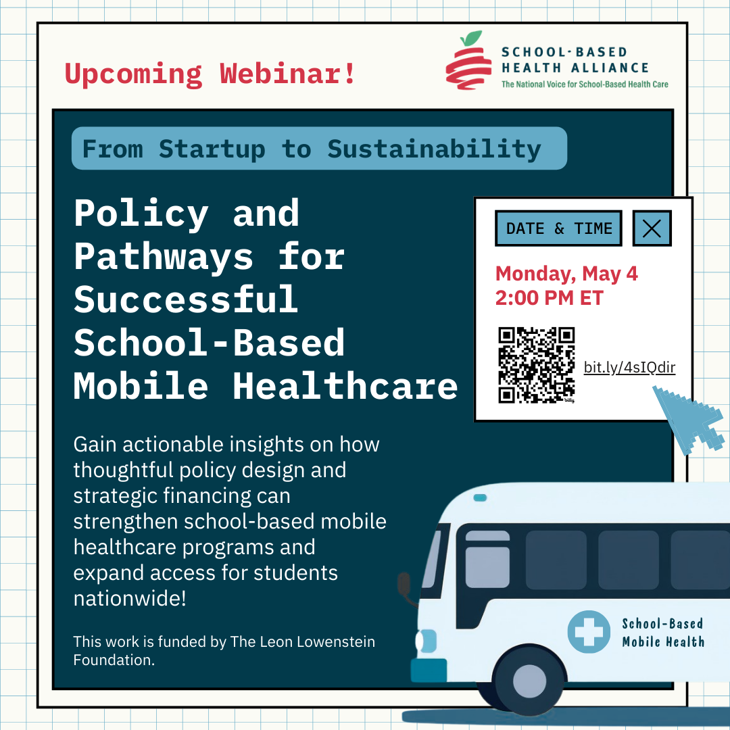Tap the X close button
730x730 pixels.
(652, 228)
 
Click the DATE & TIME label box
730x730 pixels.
(558, 228)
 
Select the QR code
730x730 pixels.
(536, 365)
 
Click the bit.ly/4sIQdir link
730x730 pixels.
(629, 368)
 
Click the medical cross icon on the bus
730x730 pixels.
(588, 632)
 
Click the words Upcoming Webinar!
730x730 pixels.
(210, 73)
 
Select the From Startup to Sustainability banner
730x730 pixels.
(318, 149)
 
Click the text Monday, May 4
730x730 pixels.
(566, 274)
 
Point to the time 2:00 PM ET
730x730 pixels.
(549, 297)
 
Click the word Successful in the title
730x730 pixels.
(186, 299)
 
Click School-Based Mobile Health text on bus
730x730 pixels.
(662, 633)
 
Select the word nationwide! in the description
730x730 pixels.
(129, 598)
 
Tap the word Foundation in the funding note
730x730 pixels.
(114, 660)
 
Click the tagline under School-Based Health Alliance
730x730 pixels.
(584, 84)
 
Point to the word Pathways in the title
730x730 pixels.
(162, 257)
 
